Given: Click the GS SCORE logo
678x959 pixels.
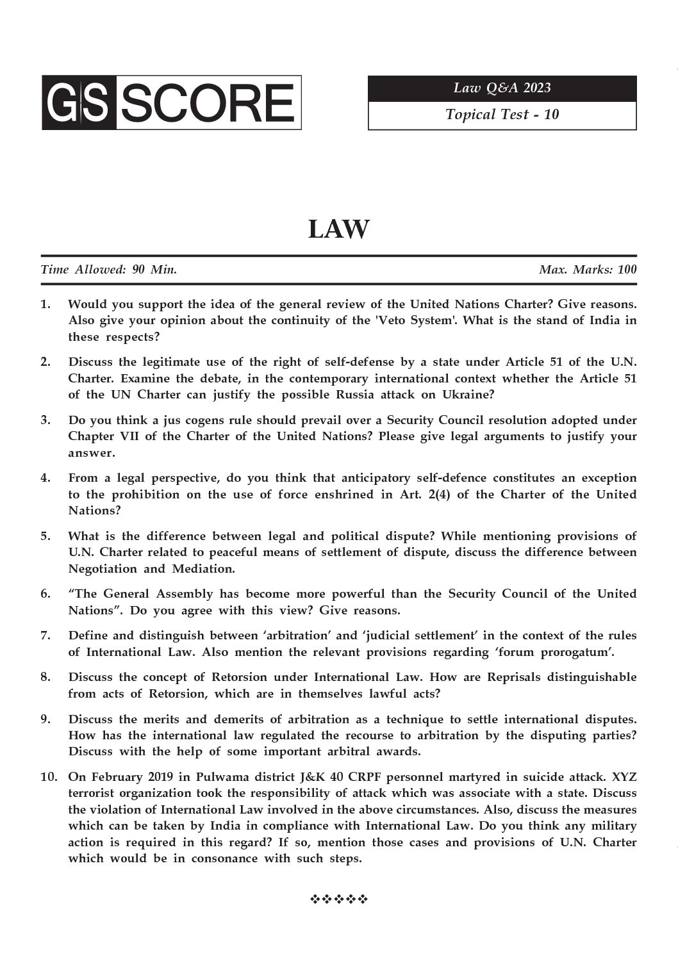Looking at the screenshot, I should (171, 102).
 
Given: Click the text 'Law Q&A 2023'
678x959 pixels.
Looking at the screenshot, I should (502, 88).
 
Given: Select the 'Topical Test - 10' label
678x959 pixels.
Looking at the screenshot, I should (502, 115).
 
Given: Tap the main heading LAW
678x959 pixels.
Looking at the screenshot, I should (338, 229).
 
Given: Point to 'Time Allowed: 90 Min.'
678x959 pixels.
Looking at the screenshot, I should (109, 270).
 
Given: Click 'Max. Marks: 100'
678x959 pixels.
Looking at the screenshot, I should (588, 270).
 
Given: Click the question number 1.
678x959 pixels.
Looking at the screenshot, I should (45, 304).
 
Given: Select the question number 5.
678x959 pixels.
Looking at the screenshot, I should (45, 536).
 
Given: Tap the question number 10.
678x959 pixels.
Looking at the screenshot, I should (49, 777).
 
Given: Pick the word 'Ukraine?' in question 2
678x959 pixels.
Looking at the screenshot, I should (468, 395).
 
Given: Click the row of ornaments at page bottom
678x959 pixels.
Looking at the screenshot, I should (338, 899).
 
